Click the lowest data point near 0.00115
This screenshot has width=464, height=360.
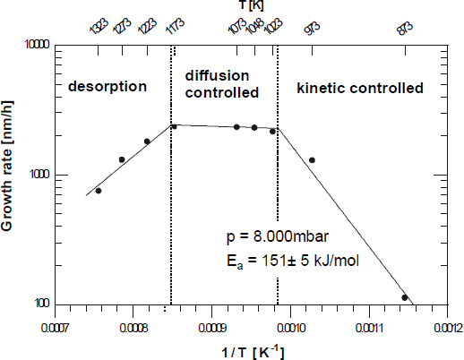[x=405, y=297]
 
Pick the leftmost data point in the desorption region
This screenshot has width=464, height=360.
[x=99, y=191]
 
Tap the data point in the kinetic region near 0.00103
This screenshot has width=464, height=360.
[x=312, y=160]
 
